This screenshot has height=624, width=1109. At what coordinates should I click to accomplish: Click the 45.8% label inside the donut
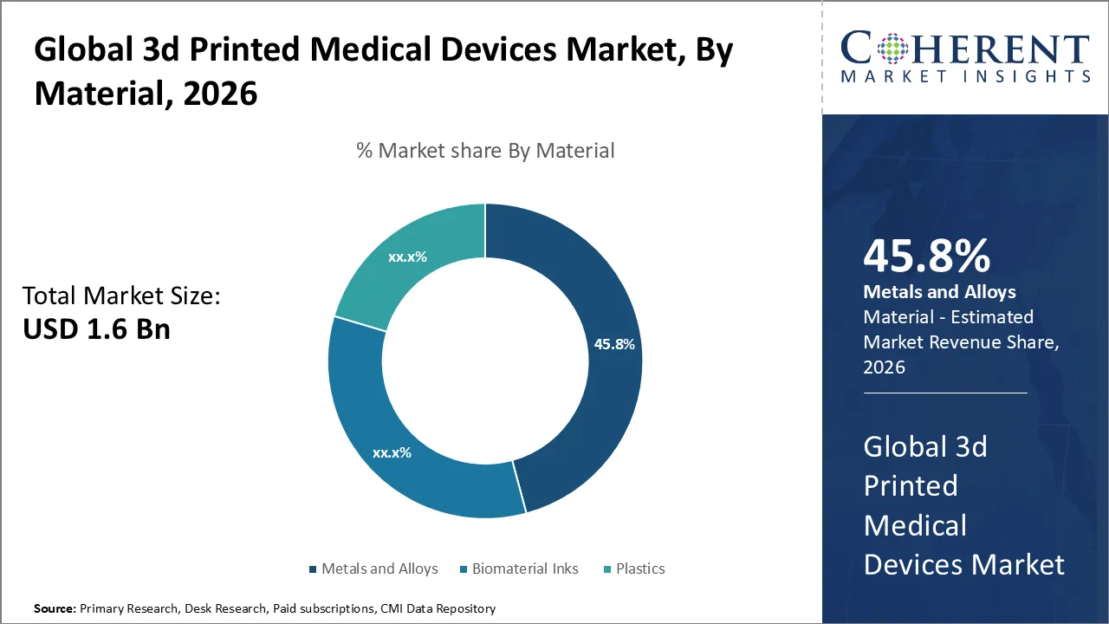coord(614,344)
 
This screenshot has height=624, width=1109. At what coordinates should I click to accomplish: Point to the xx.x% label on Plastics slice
coord(407,257)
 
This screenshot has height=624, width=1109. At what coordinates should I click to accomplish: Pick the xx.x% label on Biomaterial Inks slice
coord(392,452)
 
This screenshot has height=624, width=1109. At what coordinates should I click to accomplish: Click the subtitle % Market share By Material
coord(485,151)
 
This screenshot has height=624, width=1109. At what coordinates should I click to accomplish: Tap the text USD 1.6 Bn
coord(95,330)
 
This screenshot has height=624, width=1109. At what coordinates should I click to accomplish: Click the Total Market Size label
coord(121,296)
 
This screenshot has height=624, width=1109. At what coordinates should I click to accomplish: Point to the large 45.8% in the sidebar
coord(926,257)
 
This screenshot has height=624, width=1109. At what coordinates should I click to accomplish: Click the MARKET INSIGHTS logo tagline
coord(964,76)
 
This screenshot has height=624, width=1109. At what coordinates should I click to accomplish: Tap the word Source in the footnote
coord(53,609)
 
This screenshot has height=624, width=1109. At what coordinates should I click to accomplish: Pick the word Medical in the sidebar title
coord(915,525)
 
